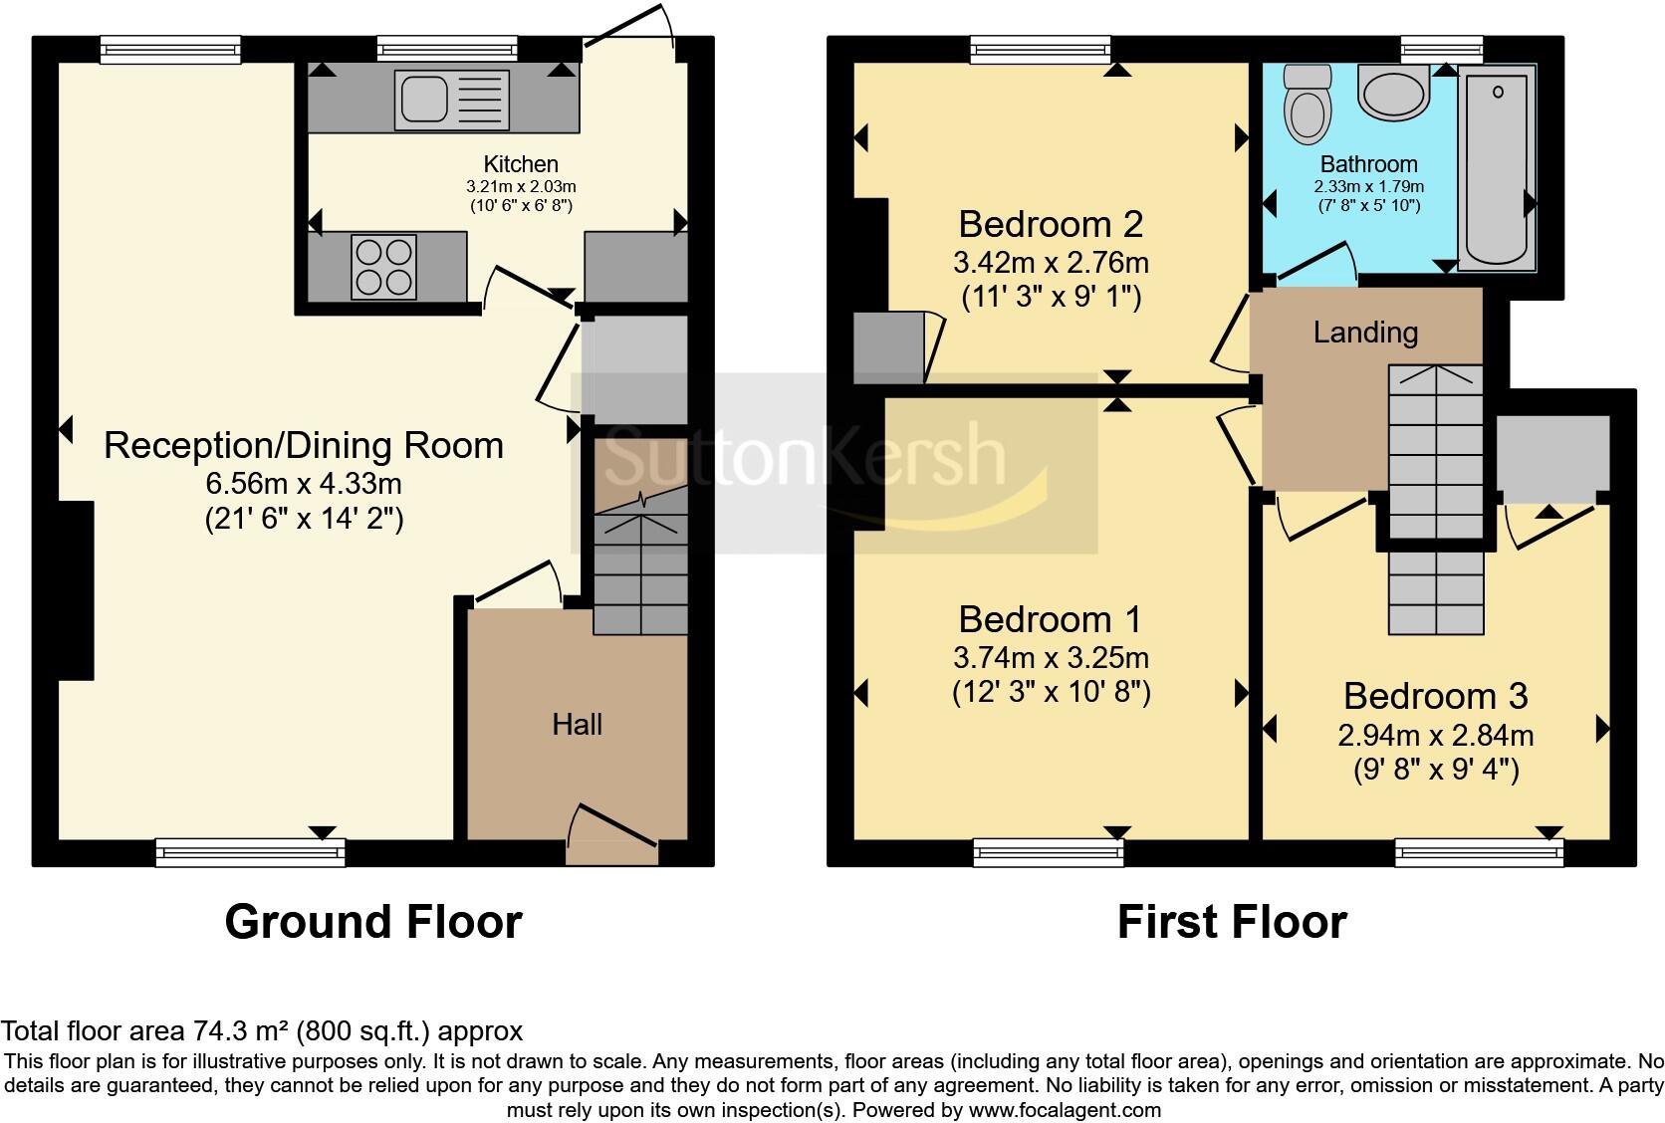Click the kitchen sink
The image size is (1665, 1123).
pos(452,100)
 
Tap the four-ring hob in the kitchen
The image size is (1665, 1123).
pos(383,267)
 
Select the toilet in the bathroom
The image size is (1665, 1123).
pos(1308,104)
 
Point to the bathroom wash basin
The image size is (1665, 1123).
pos(1394,92)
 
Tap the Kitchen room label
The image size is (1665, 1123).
pos(520,164)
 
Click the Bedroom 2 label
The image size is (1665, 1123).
pos(1051,224)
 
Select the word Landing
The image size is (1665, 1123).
pos(1365,333)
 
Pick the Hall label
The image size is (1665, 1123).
pos(577,724)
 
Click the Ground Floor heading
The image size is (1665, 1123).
pos(373,922)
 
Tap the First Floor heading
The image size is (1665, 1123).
pos(1232,922)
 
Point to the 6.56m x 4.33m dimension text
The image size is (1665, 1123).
pos(304,484)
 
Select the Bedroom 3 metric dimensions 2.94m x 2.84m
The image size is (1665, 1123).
pos(1435,735)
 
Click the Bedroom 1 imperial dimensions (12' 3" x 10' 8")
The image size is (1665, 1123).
pos(1051,692)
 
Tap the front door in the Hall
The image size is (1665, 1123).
pos(611,835)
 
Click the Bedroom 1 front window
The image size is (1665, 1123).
pos(1048,852)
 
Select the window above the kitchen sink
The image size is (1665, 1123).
pos(447,49)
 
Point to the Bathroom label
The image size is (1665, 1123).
pos(1368,164)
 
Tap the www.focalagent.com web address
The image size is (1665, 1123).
pos(1065,1110)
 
